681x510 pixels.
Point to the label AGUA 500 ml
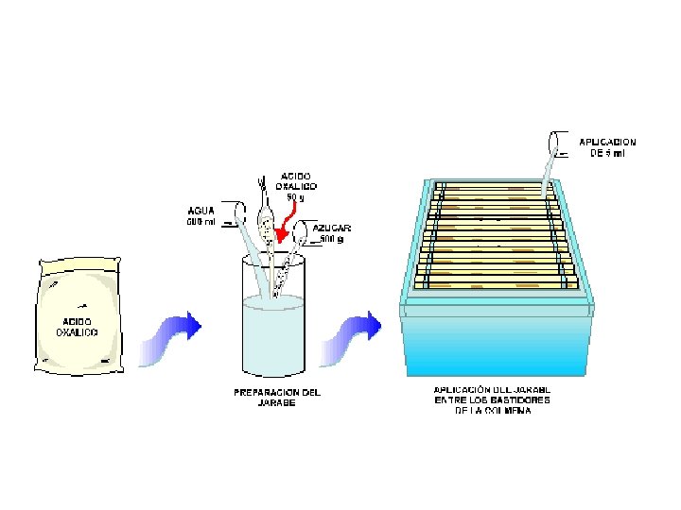pyautogui.click(x=200, y=216)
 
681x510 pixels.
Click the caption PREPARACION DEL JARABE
pyautogui.click(x=276, y=397)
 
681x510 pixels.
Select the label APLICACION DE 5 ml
pyautogui.click(x=607, y=147)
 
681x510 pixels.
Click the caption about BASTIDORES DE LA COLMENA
pyautogui.click(x=493, y=399)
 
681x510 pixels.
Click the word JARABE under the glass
pyautogui.click(x=276, y=402)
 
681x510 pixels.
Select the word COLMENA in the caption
pyautogui.click(x=511, y=411)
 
